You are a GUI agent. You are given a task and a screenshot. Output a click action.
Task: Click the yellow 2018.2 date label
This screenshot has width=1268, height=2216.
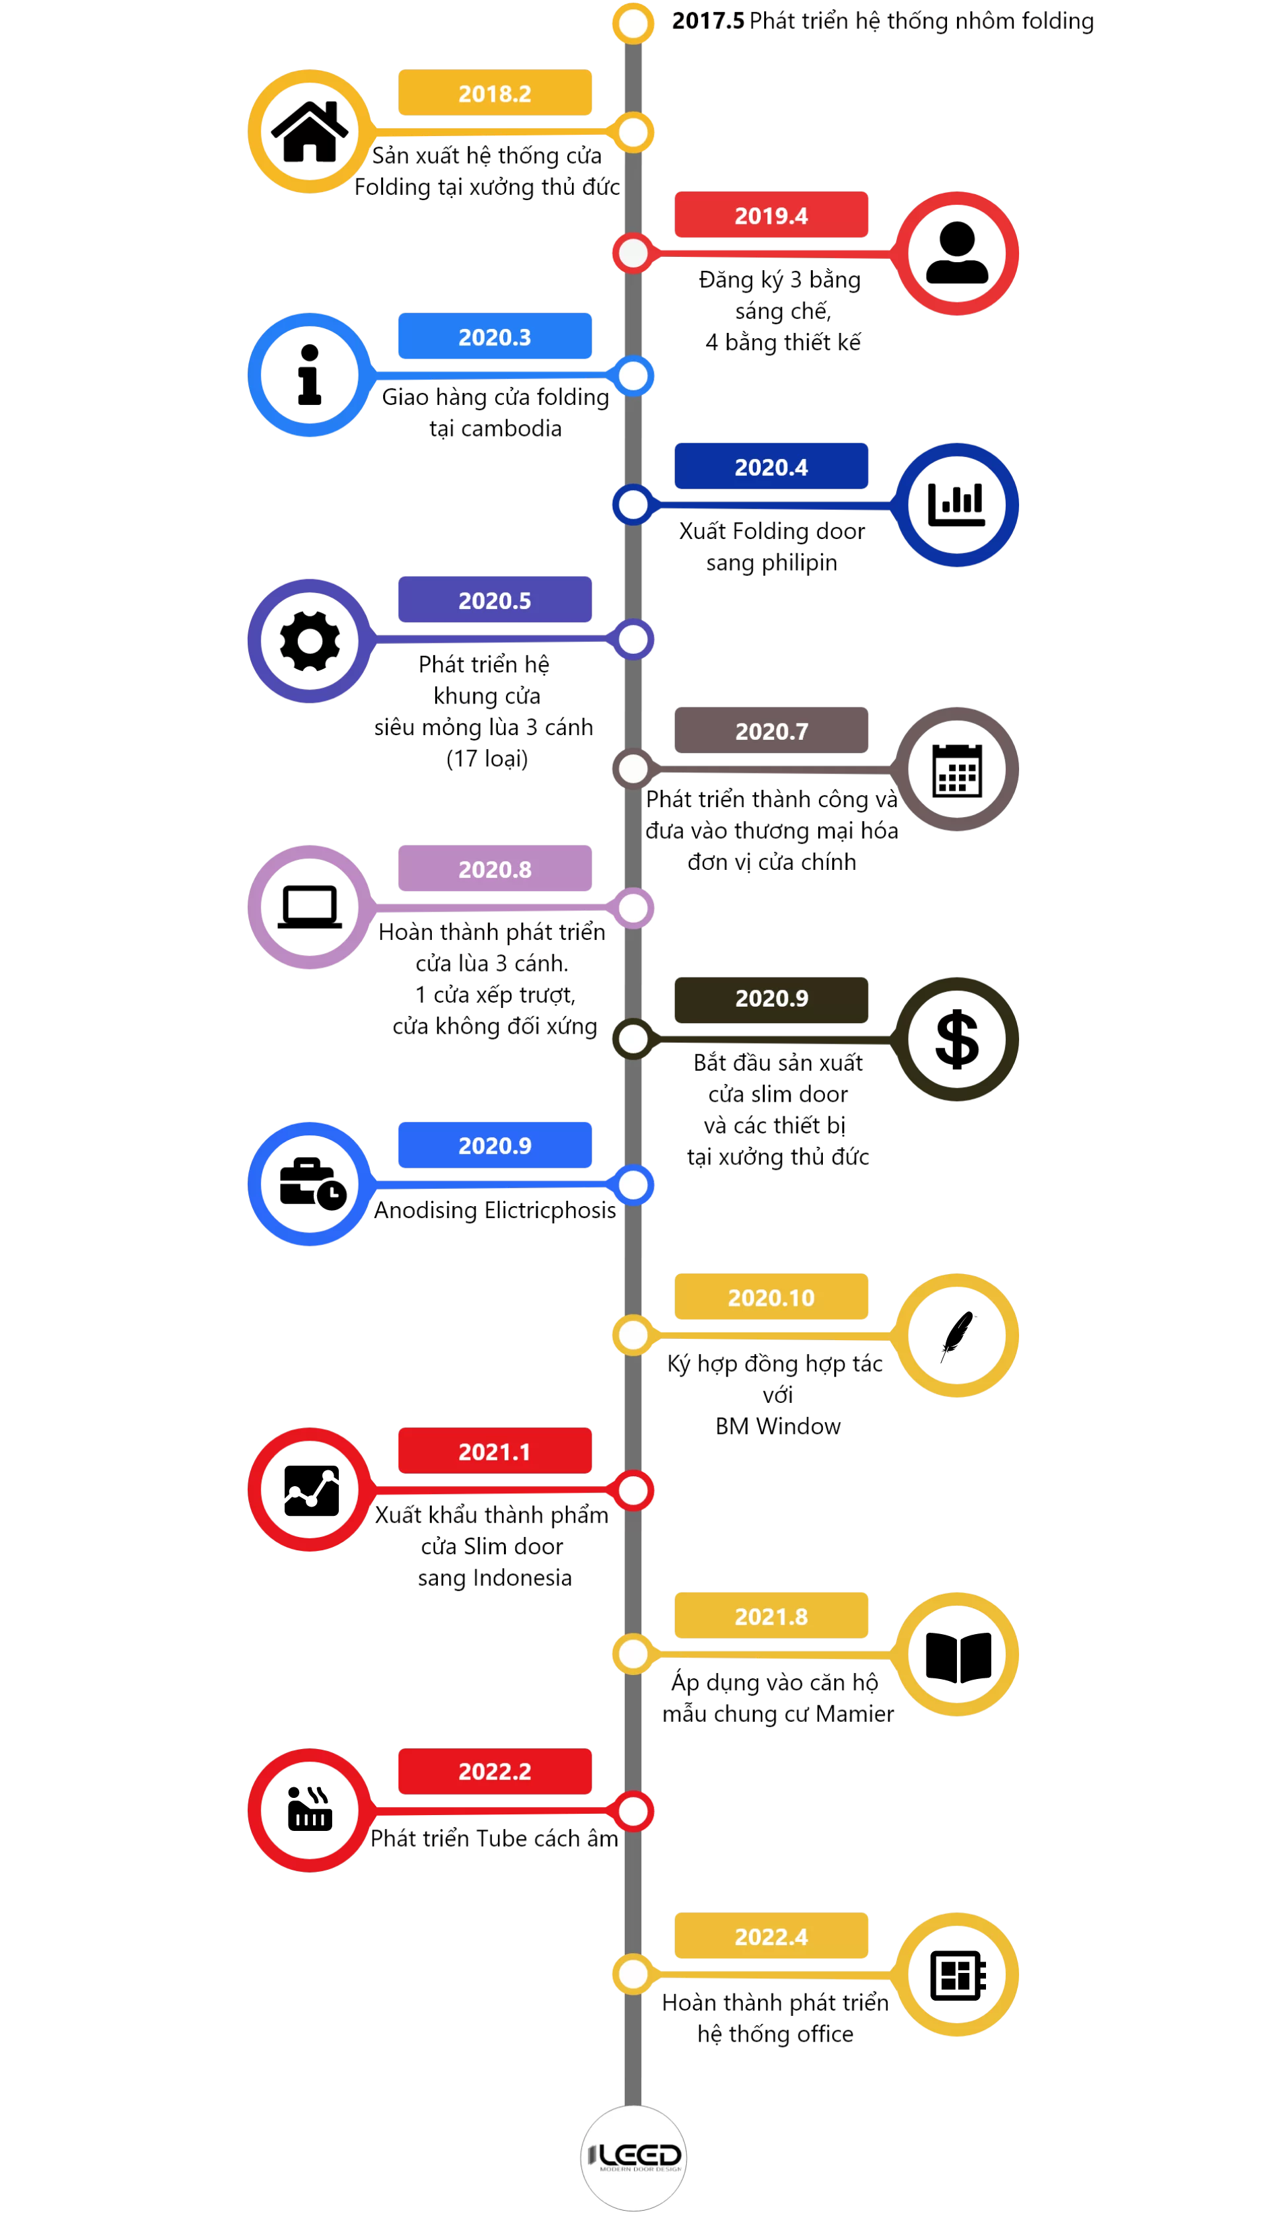pos(495,92)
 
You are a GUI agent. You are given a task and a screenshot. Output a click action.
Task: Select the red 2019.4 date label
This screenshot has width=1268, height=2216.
pos(771,214)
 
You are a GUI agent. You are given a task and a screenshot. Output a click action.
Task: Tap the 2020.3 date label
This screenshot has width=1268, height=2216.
pos(495,336)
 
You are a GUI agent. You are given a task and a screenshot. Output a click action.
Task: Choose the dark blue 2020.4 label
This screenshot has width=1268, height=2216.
pos(771,466)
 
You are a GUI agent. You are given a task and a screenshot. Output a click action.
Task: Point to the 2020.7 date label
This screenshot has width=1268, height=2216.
pos(771,731)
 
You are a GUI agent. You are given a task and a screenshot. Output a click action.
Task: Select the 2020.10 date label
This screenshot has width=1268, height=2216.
pos(771,1297)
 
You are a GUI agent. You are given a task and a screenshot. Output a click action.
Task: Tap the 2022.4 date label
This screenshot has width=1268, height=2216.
pos(771,1936)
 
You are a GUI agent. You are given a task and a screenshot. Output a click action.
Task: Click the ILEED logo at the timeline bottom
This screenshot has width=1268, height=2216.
pos(633,2158)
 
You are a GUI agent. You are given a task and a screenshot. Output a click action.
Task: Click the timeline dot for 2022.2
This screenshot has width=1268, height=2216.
pos(633,1811)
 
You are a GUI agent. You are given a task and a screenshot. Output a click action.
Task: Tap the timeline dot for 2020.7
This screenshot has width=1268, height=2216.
pos(633,769)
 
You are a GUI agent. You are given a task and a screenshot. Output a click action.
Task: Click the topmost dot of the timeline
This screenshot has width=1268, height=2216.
pos(633,24)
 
